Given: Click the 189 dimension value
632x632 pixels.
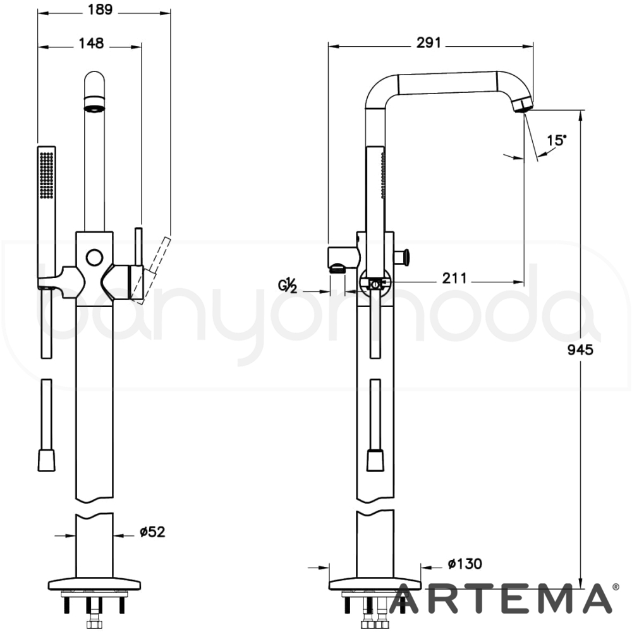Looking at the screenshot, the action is [x=100, y=9].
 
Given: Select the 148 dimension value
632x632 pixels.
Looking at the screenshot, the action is [x=91, y=43].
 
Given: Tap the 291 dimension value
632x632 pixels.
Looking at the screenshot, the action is [x=429, y=42].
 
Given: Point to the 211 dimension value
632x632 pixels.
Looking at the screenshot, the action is [x=454, y=277].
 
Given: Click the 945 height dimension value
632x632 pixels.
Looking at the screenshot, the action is [x=580, y=349].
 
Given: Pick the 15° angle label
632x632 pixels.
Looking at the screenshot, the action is [x=556, y=140].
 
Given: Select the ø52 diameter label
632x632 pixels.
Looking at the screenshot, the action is [x=152, y=532].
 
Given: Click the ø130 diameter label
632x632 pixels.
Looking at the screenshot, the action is [x=465, y=564].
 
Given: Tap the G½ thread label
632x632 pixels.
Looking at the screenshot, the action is [x=288, y=286].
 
